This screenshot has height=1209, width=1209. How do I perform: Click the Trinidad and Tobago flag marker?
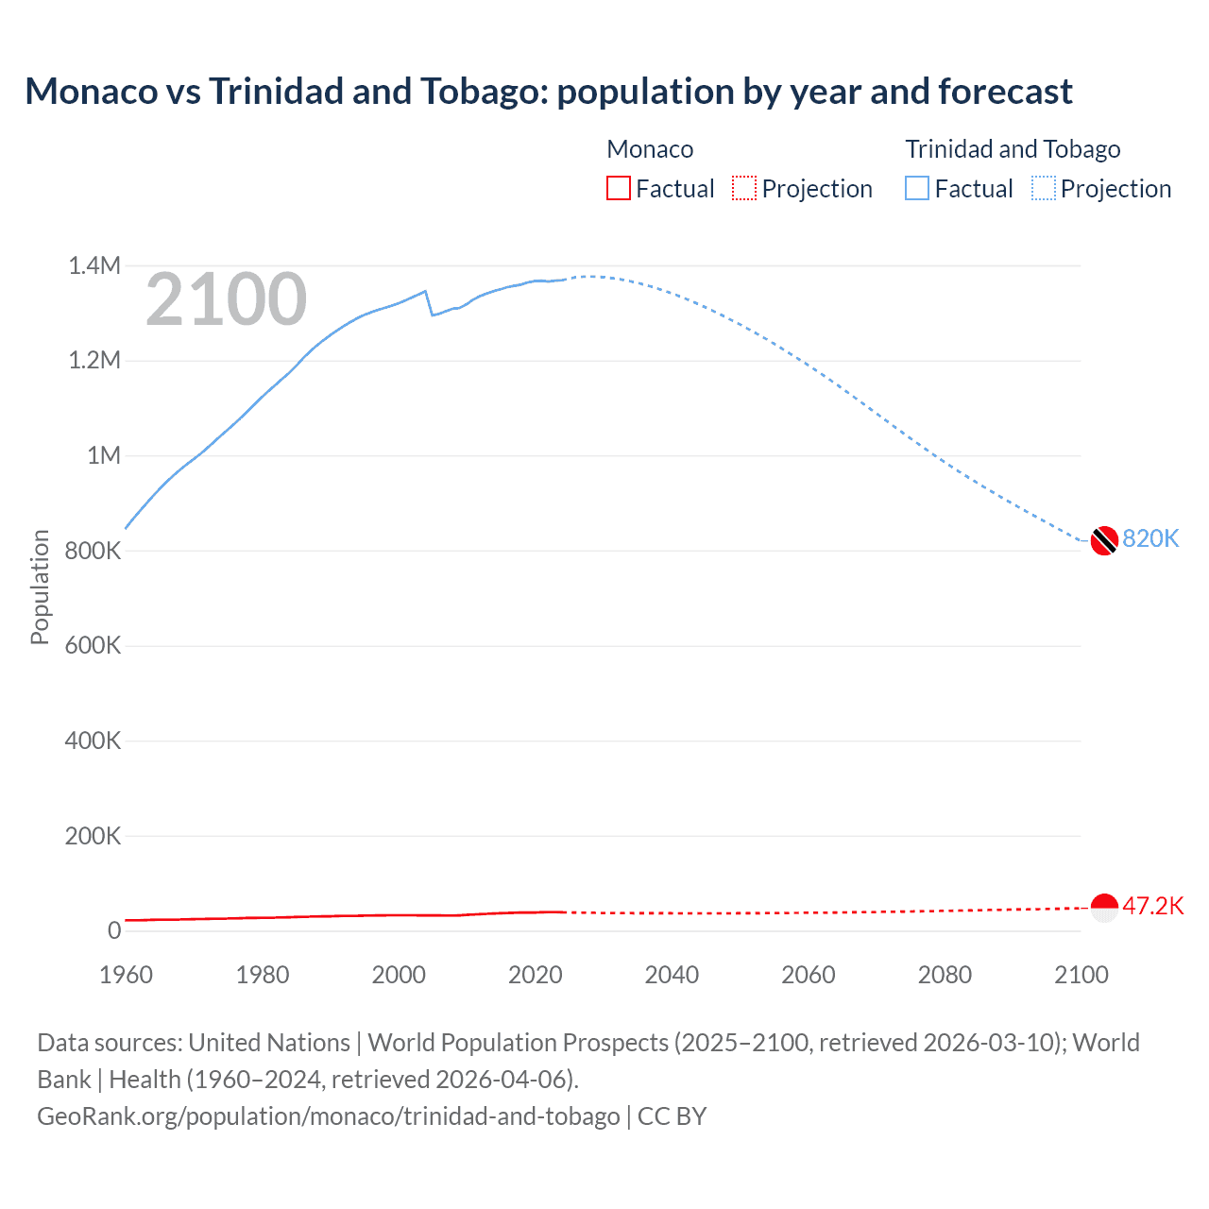pos(1104,540)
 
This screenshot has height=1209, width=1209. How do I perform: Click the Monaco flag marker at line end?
pos(1104,907)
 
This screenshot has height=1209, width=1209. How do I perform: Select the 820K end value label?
pos(1150,538)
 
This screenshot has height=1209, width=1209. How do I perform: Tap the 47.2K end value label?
pos(1152,906)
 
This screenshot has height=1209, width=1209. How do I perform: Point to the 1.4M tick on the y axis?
pos(94,265)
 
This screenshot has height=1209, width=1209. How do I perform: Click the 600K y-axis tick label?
pos(93,645)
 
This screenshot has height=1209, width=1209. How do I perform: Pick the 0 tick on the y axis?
pos(114,930)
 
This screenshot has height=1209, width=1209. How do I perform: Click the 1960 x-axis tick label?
pos(126,975)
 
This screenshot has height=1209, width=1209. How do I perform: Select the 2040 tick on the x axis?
pos(672,975)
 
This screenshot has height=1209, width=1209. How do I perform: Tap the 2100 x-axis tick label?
pos(1081,975)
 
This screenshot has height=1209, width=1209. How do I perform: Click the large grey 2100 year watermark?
pos(226,299)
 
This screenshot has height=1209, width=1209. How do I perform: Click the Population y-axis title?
pos(40,587)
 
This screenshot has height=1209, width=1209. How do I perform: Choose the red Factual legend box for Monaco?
pos(619,188)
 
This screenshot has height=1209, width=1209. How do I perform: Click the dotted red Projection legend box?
pos(744,188)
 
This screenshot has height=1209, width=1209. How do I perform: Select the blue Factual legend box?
pos(917,188)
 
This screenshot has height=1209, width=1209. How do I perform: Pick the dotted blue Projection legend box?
pos(1044,188)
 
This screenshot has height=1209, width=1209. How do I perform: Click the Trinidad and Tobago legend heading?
pos(1013,149)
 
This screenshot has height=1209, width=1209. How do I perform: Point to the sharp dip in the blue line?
pos(433,314)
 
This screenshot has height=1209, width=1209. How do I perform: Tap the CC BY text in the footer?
pos(672,1116)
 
